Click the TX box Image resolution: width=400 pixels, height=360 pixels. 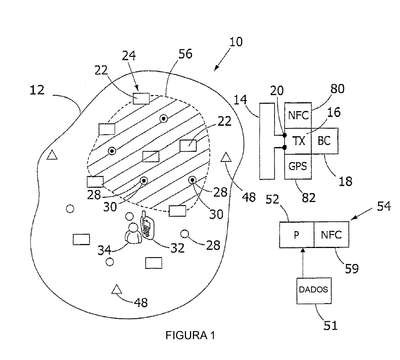click(298, 141)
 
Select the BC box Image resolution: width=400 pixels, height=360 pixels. click(325, 141)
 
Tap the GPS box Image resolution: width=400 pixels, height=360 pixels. click(298, 167)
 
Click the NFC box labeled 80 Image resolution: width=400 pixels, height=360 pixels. click(298, 116)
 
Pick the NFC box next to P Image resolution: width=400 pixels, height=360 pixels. click(331, 235)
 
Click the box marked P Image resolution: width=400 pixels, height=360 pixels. click(297, 235)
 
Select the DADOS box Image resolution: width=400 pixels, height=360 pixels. click(314, 290)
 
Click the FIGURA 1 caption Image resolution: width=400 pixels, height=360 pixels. click(190, 335)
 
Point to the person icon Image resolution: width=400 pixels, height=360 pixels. click(133, 233)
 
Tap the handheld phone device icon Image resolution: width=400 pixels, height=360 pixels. click(147, 226)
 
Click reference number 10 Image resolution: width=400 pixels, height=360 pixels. click(236, 42)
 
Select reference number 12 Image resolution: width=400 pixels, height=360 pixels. click(37, 90)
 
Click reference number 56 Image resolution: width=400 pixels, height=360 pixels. click(185, 54)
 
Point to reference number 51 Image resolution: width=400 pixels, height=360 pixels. click(330, 325)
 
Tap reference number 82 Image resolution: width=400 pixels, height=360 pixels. click(308, 197)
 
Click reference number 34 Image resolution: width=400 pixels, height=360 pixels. click(104, 250)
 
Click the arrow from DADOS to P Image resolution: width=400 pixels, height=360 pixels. click(303, 263)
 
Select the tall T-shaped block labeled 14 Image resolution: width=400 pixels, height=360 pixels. click(267, 141)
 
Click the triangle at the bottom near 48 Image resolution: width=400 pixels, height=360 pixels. click(116, 290)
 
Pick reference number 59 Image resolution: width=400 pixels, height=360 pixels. click(352, 268)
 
